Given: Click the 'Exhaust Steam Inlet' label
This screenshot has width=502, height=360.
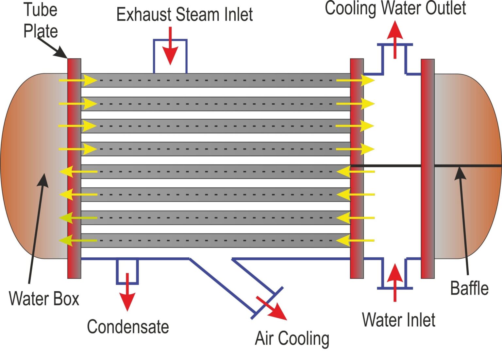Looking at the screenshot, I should (184, 15).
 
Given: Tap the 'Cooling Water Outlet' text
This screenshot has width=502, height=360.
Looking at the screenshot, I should (395, 8).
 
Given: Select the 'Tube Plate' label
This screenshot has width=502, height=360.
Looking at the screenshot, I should (41, 20).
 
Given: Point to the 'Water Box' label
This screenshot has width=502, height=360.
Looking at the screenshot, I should (44, 299).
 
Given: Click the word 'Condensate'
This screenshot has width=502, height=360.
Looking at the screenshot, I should (128, 327).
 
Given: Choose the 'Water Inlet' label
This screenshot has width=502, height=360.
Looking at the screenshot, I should (398, 319).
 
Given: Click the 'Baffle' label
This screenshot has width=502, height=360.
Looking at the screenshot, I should (469, 288).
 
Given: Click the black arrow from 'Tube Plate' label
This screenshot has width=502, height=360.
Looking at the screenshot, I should (52, 48).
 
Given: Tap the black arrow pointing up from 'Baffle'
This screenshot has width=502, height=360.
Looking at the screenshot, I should (463, 219).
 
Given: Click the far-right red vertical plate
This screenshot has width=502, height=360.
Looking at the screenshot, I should (427, 169).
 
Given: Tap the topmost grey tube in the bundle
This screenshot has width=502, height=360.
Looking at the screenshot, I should (216, 80).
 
